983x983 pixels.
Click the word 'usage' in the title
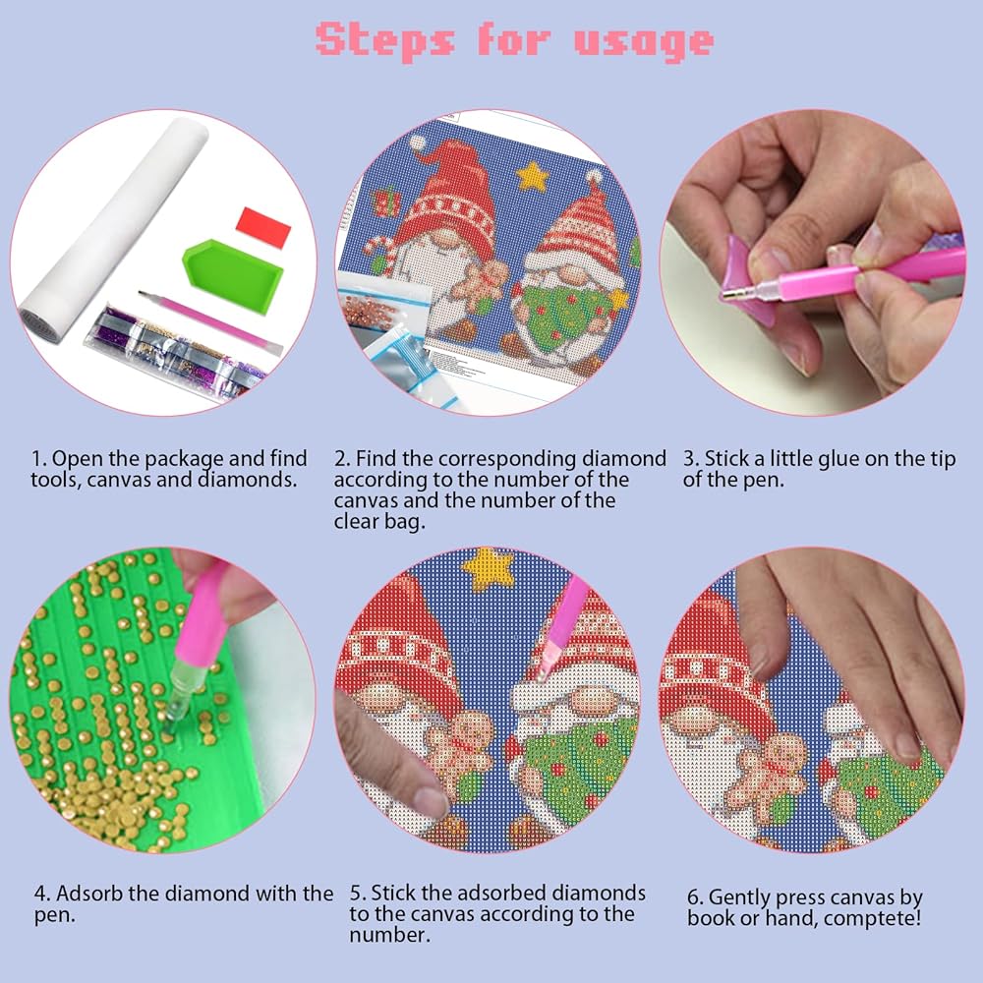[644, 42]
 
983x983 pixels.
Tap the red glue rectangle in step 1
[263, 226]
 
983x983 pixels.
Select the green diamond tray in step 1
[233, 274]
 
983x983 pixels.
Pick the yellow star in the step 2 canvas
[532, 177]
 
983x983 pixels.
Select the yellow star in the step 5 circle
[488, 568]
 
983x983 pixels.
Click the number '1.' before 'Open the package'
[38, 459]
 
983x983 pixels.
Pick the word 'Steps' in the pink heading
[385, 40]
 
